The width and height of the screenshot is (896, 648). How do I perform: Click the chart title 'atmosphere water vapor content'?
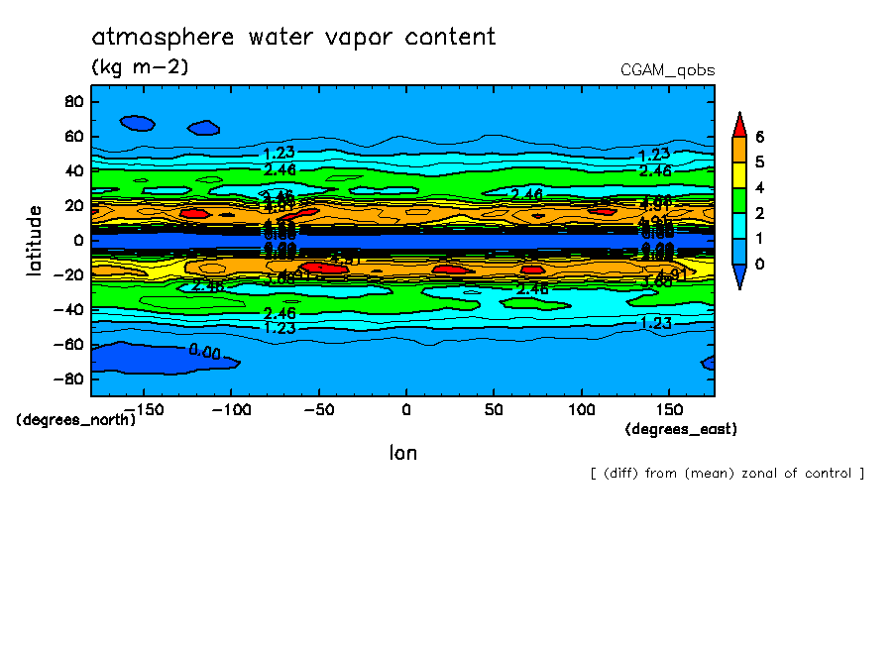(293, 38)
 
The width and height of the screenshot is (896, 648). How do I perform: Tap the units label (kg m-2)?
(140, 67)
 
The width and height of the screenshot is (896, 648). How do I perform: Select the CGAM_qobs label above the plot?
(667, 70)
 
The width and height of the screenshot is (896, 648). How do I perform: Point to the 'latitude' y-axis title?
(35, 241)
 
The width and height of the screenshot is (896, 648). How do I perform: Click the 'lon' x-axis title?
(403, 453)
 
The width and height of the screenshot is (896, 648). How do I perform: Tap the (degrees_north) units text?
(76, 419)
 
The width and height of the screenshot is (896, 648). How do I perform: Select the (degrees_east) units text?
(681, 429)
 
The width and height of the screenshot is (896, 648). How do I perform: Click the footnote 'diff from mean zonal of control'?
(727, 473)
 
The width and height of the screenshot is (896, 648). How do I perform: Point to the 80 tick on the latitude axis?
(71, 101)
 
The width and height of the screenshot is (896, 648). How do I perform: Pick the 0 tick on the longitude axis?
(405, 408)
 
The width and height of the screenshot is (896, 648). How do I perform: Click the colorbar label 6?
(760, 137)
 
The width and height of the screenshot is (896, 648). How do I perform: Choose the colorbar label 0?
(760, 264)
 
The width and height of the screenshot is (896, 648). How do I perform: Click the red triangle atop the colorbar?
(739, 124)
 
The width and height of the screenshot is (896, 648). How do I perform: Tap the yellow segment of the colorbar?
(739, 188)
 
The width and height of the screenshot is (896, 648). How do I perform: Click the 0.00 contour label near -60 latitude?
(205, 352)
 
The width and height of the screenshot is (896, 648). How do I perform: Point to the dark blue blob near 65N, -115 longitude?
(204, 128)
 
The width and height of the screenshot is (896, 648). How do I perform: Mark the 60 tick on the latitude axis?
(71, 136)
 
